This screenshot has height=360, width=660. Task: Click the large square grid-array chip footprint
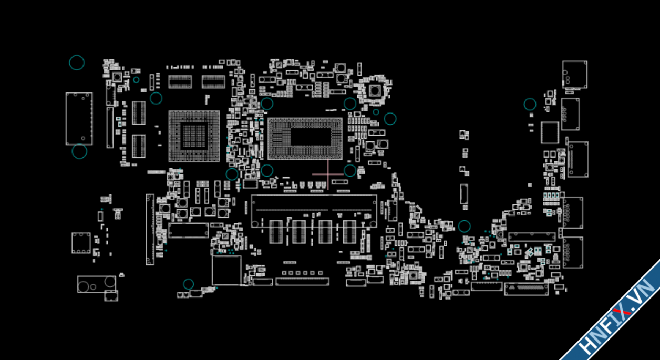(194, 136)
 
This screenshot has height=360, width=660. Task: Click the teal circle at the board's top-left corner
(77, 63)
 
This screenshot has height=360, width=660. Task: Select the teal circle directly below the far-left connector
(79, 151)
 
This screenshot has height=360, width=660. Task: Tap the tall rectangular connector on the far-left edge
(79, 119)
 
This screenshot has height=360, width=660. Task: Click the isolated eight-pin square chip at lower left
(81, 243)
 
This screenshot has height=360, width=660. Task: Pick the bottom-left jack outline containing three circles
(96, 284)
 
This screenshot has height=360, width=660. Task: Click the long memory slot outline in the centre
(314, 211)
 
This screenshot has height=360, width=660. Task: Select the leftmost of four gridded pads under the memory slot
(276, 232)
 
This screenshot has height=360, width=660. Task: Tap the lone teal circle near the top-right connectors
(530, 104)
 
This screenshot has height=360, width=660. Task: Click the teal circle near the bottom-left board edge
(188, 284)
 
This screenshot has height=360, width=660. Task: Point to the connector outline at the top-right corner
(574, 74)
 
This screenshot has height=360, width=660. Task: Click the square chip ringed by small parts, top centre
(374, 91)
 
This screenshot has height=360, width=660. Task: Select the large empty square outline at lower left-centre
(226, 270)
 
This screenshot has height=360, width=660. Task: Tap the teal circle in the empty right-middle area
(464, 226)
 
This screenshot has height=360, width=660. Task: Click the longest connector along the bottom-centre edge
(302, 282)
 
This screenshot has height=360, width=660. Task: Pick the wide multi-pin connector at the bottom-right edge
(526, 289)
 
